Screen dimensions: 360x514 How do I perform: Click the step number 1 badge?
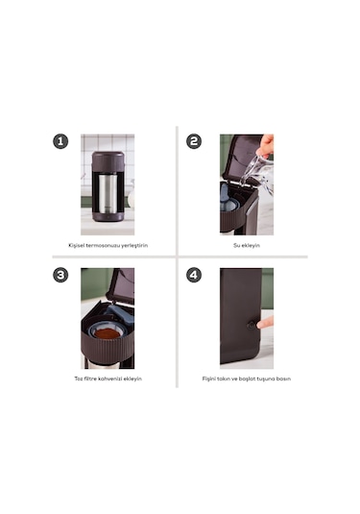[60, 141]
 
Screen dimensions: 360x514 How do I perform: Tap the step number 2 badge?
[194, 141]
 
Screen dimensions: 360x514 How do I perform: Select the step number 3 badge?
[60, 275]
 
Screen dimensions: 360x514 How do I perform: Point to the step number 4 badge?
[194, 275]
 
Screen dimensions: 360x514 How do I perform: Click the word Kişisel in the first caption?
[77, 246]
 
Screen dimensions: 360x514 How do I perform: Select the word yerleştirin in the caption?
[134, 246]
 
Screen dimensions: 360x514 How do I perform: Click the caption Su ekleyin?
[247, 246]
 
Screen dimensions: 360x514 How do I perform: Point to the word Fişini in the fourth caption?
[209, 379]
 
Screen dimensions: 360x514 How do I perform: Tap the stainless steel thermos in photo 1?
[108, 193]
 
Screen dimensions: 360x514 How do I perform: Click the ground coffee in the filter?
[108, 334]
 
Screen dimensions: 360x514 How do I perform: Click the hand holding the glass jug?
[265, 145]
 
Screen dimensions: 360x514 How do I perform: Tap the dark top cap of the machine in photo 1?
[108, 161]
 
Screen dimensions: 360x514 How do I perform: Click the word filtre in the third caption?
[90, 379]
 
